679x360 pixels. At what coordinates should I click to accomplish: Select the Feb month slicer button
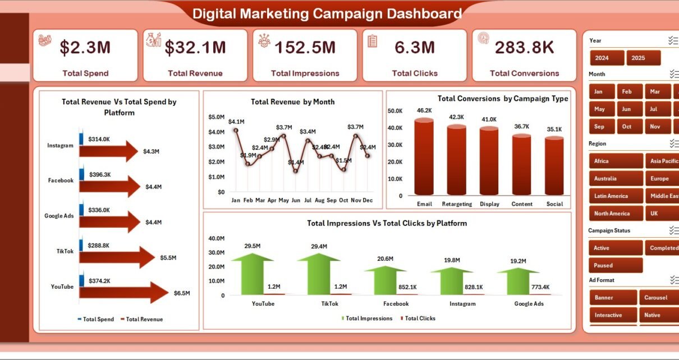click(626, 91)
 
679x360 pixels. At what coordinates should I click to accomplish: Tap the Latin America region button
click(615, 196)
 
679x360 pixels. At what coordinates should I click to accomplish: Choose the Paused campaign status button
click(615, 265)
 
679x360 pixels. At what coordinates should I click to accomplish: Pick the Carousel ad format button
click(655, 298)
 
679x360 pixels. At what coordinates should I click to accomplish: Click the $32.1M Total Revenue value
click(195, 48)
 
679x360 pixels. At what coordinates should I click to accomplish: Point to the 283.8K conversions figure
click(524, 48)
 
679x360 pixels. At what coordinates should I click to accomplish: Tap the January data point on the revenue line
click(236, 130)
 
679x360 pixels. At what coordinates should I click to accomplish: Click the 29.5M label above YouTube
click(253, 246)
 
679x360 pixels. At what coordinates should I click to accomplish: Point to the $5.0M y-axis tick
click(216, 117)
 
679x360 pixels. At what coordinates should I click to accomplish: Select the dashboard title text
click(327, 13)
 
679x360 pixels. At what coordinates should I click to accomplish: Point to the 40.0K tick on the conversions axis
click(395, 128)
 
